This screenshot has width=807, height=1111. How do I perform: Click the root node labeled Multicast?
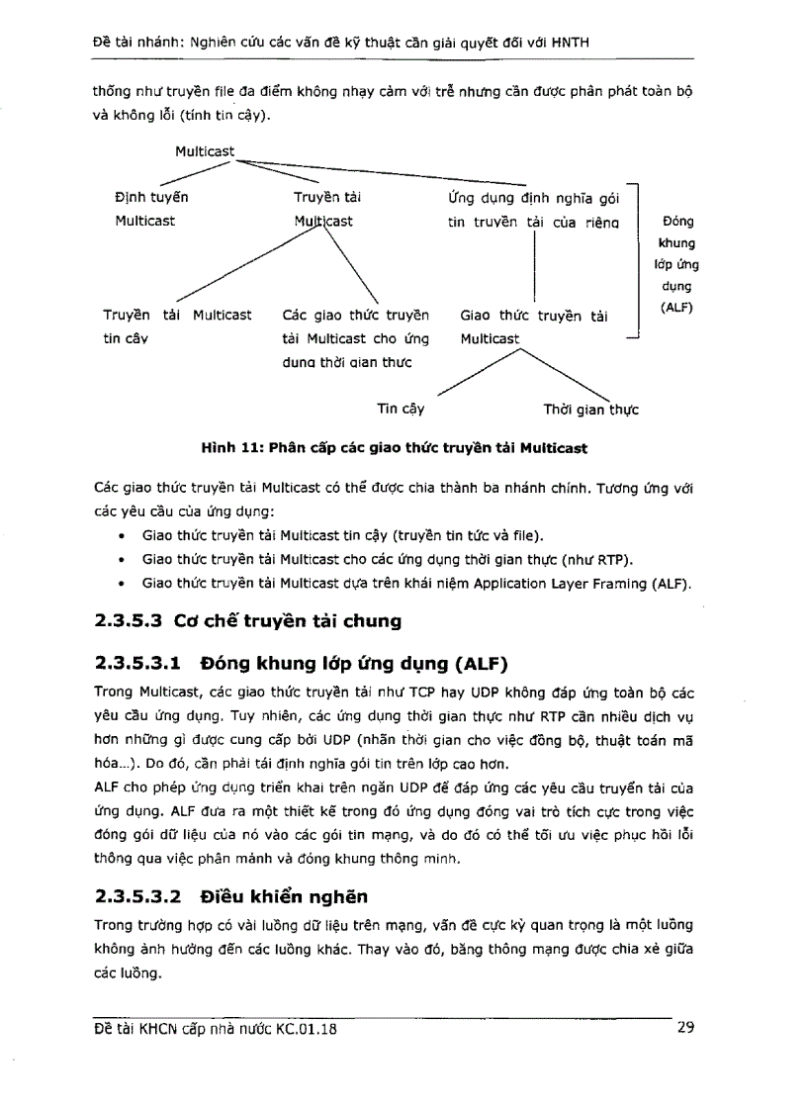205,151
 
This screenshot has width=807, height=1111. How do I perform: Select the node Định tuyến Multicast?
151,209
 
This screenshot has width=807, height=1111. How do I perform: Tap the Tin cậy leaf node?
400,408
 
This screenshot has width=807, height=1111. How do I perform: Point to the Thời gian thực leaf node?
590,409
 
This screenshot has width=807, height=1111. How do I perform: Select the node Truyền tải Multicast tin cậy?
177,326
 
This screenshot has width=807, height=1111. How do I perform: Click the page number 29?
685,1028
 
